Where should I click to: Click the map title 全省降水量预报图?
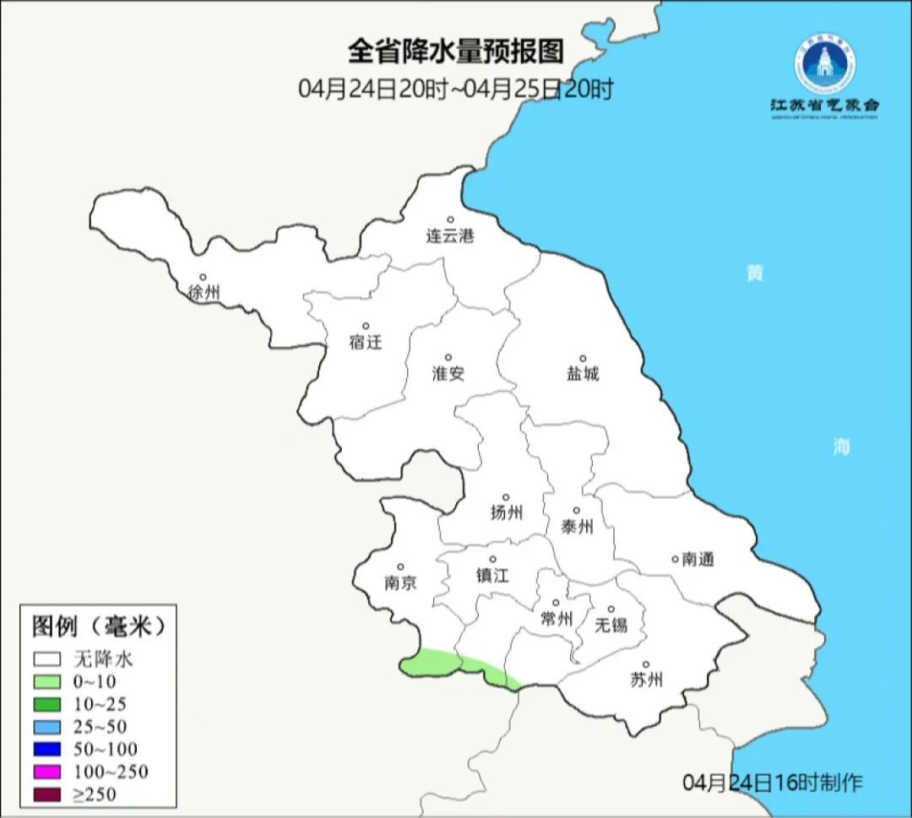click(x=456, y=51)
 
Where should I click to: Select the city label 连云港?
click(x=450, y=236)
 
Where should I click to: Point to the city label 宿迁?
click(x=366, y=342)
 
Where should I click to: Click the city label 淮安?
click(x=448, y=374)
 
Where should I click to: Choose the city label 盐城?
click(x=582, y=374)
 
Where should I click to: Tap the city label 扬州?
click(x=506, y=512)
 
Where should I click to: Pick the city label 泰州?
click(x=577, y=527)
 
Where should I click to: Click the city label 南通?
click(x=698, y=559)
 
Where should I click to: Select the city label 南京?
click(x=400, y=583)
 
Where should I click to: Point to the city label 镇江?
click(x=492, y=576)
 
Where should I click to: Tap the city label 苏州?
click(x=646, y=680)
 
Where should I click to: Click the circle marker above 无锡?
click(x=611, y=609)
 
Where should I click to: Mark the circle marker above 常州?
click(x=556, y=603)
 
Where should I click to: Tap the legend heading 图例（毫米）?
click(x=97, y=626)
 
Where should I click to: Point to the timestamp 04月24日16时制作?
click(x=773, y=783)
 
